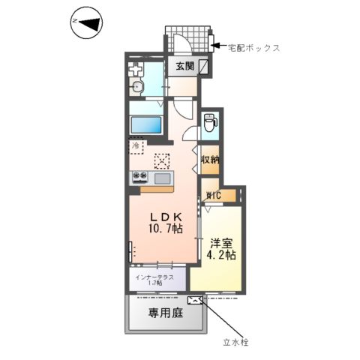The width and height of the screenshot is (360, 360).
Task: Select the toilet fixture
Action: pyautogui.click(x=211, y=118)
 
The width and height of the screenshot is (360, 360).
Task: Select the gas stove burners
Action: pyautogui.click(x=140, y=178)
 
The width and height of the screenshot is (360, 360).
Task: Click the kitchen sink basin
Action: pyautogui.click(x=162, y=178)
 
